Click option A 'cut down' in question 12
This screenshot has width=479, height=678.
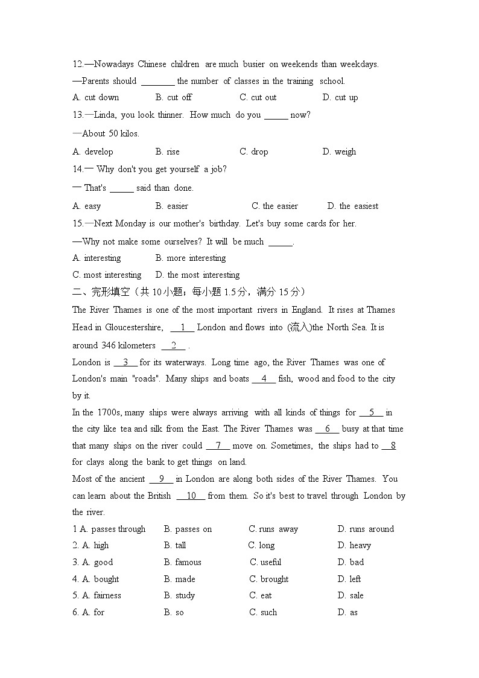(96, 97)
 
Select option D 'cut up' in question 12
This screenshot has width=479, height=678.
(340, 97)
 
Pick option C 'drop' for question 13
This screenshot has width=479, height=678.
(254, 152)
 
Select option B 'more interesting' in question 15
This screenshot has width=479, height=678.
(191, 258)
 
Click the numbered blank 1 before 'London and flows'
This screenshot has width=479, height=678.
(182, 327)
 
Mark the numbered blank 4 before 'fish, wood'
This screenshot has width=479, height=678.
(264, 379)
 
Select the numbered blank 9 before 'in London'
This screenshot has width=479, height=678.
(161, 479)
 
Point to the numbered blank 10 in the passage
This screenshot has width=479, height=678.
(191, 496)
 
